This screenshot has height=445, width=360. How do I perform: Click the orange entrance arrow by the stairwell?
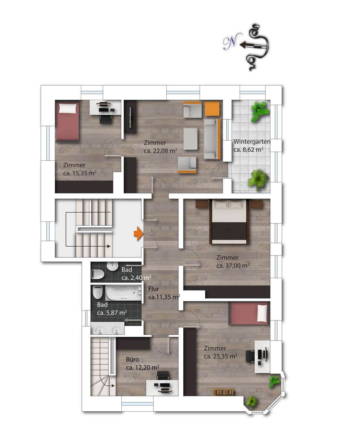[x=138, y=233]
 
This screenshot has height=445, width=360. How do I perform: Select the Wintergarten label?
[x=252, y=142]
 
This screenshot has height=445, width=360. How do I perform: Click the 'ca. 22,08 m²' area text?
[x=161, y=150]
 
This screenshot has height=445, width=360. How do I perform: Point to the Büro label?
[x=132, y=359]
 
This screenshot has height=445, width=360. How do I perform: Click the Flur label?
[x=153, y=289]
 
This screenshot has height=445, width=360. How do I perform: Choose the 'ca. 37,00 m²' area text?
[x=233, y=266]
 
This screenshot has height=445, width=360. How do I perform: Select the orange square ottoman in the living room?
[x=212, y=108]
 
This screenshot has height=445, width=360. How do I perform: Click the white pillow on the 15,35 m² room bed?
[x=68, y=108]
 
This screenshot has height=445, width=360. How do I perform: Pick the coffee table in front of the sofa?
[x=190, y=139]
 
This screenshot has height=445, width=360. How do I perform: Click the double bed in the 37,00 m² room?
[x=229, y=222]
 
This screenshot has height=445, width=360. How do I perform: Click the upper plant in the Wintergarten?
[x=260, y=111]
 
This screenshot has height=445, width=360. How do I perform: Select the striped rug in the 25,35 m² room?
[x=223, y=392]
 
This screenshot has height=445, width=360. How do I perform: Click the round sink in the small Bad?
[x=112, y=266]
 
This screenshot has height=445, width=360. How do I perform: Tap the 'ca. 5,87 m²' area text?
[x=112, y=313]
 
